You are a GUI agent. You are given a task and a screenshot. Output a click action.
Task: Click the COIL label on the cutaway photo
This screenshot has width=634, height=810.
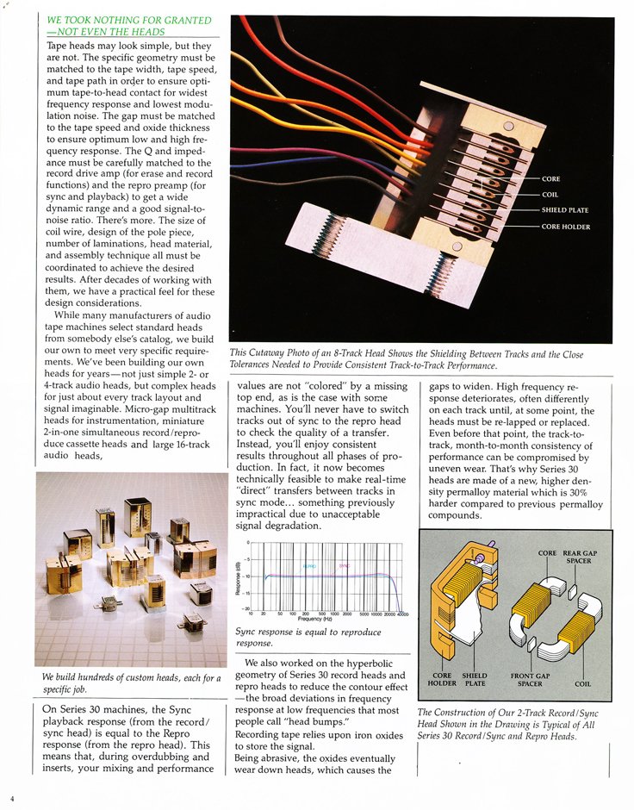pyautogui.click(x=550, y=195)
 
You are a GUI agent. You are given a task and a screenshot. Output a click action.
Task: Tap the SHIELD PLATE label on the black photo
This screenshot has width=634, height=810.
pyautogui.click(x=564, y=210)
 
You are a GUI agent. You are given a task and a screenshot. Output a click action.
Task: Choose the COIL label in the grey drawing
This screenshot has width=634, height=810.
pyautogui.click(x=583, y=684)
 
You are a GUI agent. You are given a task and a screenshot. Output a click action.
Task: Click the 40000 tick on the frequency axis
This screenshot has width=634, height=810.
pyautogui.click(x=402, y=614)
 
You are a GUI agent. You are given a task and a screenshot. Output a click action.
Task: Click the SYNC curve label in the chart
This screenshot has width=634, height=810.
pyautogui.click(x=343, y=565)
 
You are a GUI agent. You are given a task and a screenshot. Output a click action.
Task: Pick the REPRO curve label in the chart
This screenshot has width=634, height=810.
pyautogui.click(x=309, y=565)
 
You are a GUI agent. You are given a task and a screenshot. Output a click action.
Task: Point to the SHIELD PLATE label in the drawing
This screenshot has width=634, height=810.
pyautogui.click(x=475, y=680)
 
